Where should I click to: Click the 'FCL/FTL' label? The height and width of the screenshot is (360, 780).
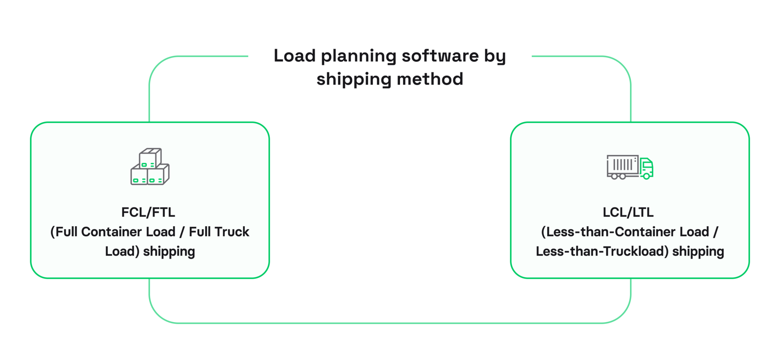[148, 212]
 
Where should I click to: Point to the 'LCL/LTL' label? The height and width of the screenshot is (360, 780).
[628, 212]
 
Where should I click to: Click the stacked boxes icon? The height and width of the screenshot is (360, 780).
[150, 167]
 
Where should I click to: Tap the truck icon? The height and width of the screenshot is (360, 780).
[630, 167]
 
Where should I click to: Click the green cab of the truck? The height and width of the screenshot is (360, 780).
[647, 168]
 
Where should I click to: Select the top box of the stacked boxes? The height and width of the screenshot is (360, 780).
[150, 158]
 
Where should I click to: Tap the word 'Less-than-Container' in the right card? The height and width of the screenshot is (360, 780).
[609, 232]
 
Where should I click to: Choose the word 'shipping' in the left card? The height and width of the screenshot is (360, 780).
[169, 252]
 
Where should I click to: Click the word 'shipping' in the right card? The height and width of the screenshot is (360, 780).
[698, 252]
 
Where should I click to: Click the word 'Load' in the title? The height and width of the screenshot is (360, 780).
[295, 56]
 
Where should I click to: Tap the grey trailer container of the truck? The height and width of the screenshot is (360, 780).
[622, 165]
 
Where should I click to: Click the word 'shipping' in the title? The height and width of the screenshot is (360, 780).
[354, 80]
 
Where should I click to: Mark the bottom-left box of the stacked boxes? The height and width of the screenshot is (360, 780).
[139, 176]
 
